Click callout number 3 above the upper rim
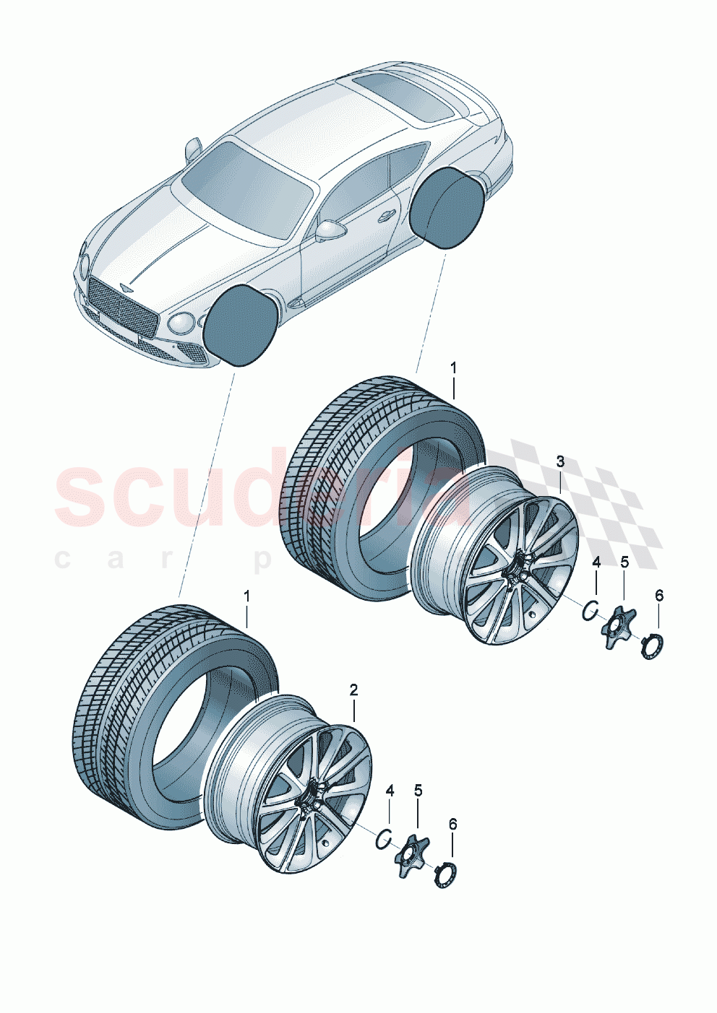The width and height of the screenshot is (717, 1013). click(x=560, y=461)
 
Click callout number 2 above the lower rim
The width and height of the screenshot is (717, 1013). click(x=353, y=690)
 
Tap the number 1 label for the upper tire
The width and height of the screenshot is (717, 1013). click(x=453, y=368)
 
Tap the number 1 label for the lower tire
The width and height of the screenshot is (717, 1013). click(x=246, y=596)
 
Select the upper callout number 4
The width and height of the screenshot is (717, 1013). click(x=596, y=562)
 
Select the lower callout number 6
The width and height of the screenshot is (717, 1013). click(x=453, y=824)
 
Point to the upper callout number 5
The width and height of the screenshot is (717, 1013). click(x=624, y=562)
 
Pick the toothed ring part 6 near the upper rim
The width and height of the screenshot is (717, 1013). click(x=652, y=644)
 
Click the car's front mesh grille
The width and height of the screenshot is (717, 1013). click(x=121, y=310)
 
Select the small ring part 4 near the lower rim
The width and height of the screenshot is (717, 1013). click(x=385, y=839)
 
